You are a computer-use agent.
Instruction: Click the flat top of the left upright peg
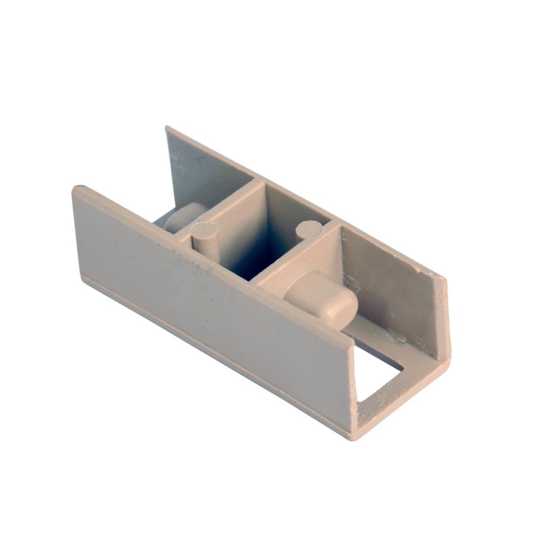click(205, 229)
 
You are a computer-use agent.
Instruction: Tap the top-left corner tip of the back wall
click(166, 128)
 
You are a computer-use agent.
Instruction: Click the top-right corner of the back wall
click(446, 277)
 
